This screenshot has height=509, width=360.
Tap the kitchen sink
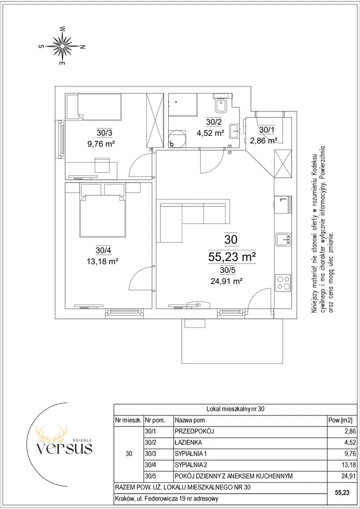pyautogui.click(x=283, y=239)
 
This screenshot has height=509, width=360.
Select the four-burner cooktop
pyautogui.click(x=283, y=282)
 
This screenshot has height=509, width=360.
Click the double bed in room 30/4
pyautogui.click(x=103, y=216)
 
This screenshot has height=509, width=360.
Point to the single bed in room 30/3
pyautogui.click(x=94, y=106)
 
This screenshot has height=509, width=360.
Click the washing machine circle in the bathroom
pyautogui.click(x=177, y=139)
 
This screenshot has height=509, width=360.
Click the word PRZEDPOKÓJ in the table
pyautogui.click(x=194, y=431)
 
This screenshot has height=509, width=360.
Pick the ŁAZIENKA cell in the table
pyautogui.click(x=188, y=442)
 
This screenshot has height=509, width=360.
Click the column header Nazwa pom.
pyautogui.click(x=191, y=420)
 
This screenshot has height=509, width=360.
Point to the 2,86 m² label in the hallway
pyautogui.click(x=263, y=140)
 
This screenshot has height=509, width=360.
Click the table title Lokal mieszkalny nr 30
pyautogui.click(x=236, y=409)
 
